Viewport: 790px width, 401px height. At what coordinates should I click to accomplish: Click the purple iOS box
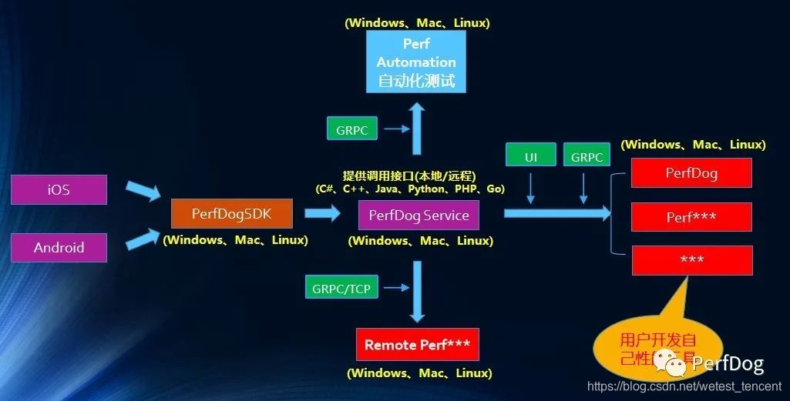click(x=59, y=189)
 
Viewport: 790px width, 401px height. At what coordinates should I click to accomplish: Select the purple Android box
click(x=59, y=248)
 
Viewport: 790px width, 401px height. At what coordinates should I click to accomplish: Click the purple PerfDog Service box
click(x=419, y=215)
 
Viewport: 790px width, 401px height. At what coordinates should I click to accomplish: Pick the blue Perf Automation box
click(x=416, y=62)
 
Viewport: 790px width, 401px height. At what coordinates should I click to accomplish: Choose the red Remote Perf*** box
click(x=418, y=344)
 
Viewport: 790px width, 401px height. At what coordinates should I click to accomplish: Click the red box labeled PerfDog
click(x=691, y=172)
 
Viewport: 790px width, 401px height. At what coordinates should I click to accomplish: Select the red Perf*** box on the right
click(x=691, y=217)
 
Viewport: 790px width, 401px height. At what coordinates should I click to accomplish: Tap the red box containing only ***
click(x=691, y=260)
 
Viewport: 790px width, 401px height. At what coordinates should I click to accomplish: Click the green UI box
click(x=531, y=156)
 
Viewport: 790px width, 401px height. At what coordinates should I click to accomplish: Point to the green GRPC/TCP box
click(x=341, y=289)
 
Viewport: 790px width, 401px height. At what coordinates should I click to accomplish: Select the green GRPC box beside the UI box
click(x=587, y=156)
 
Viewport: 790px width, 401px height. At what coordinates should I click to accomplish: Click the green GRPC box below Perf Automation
click(x=352, y=129)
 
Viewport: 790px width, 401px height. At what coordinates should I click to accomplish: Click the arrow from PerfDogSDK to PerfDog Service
click(x=323, y=214)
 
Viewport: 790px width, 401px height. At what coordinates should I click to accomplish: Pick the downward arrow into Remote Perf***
click(x=418, y=292)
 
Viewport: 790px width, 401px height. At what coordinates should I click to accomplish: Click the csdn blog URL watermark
click(x=684, y=386)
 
